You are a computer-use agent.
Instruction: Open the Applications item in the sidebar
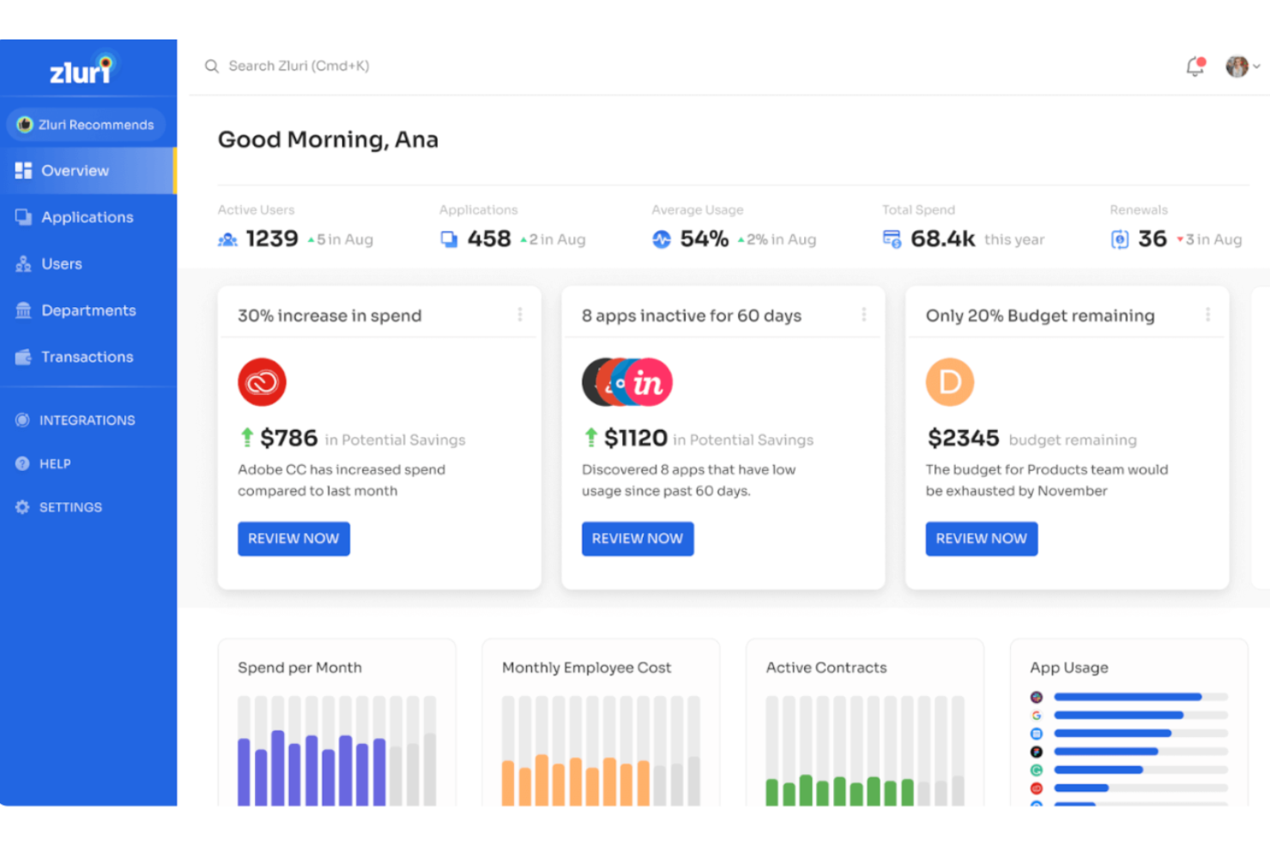tap(87, 217)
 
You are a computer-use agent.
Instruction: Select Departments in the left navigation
tap(88, 311)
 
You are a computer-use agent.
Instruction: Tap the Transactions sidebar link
tap(87, 357)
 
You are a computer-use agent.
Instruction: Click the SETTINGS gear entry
tap(70, 507)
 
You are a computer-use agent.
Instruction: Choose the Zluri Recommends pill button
tap(86, 124)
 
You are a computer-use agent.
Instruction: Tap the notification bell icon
tap(1194, 66)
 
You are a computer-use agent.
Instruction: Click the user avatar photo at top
tap(1237, 66)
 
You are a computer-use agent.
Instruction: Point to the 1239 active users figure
tap(271, 239)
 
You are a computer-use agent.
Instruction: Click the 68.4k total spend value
tap(942, 239)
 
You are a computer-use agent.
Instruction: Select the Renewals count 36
tap(1152, 239)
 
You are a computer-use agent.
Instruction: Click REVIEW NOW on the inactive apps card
tap(638, 539)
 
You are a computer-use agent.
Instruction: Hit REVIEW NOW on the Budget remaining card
tap(981, 539)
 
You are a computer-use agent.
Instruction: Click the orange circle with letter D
tap(949, 382)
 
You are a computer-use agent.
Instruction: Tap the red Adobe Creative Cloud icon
tap(262, 382)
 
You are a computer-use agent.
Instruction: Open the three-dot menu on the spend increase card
tap(520, 315)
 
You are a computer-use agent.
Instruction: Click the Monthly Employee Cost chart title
tap(586, 668)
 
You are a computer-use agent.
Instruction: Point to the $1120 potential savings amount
tap(635, 439)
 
